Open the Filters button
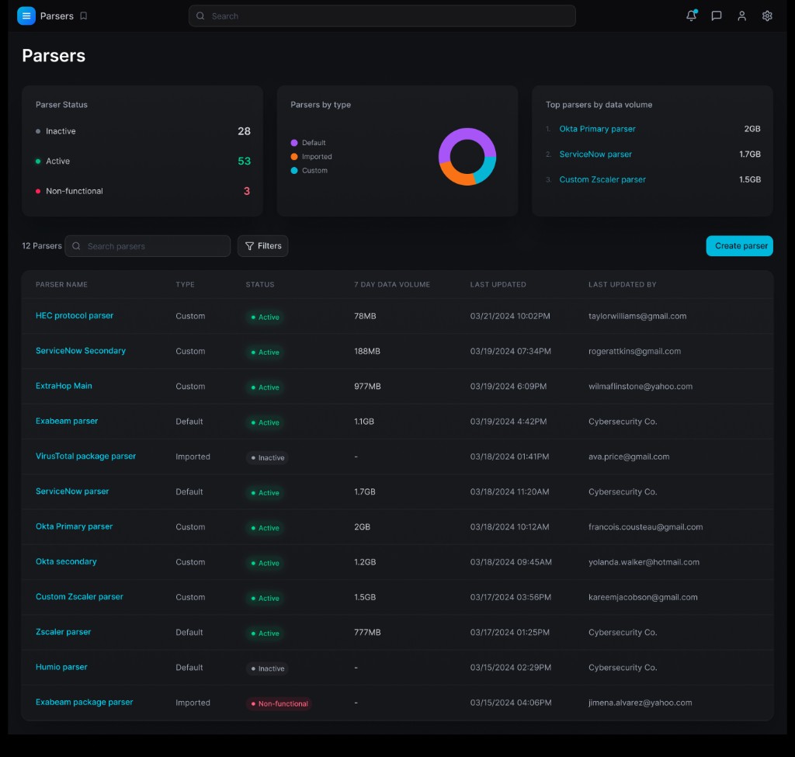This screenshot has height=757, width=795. coord(262,246)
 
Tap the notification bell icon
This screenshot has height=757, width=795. coord(691,16)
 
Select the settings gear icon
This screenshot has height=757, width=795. coord(767,16)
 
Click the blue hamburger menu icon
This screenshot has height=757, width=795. coord(26,16)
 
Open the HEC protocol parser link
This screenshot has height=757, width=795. coord(75,316)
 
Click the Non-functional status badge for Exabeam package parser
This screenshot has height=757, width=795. coord(279,703)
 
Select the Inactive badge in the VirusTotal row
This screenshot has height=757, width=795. coord(267,458)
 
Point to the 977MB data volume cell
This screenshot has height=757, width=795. coord(367,387)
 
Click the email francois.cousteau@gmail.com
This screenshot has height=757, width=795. coord(645,527)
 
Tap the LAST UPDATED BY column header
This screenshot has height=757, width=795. coord(622,285)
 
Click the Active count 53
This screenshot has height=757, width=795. coord(244,161)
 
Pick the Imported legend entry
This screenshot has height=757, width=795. coord(316,157)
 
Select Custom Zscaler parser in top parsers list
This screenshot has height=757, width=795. coord(602,179)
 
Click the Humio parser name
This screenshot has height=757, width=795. coord(61,667)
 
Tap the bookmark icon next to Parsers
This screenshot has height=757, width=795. coord(84,16)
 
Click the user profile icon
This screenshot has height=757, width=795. coord(741,16)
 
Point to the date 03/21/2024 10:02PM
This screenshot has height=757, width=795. coord(510,316)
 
